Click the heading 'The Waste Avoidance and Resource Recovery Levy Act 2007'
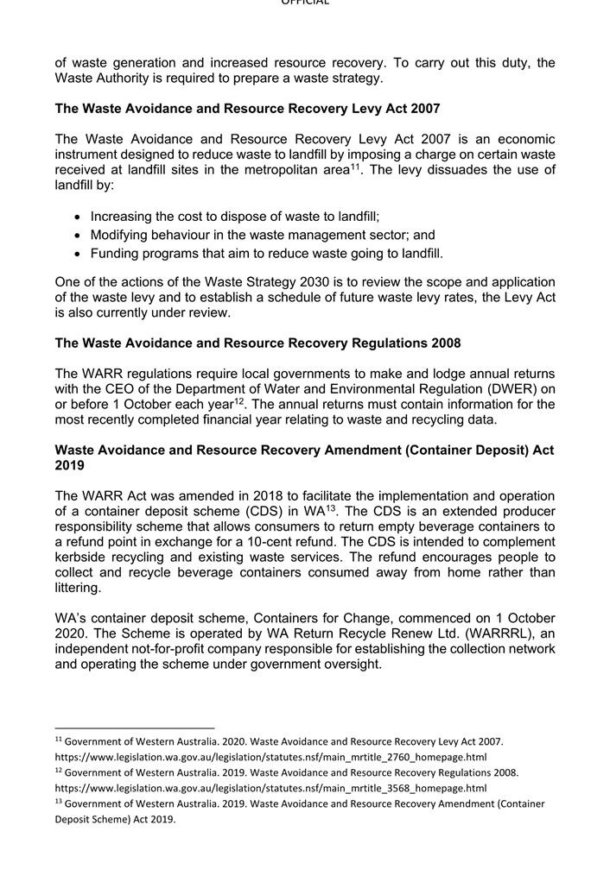click(x=247, y=109)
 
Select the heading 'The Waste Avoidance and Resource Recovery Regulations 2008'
click(x=257, y=343)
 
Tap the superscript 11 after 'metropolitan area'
click(x=354, y=165)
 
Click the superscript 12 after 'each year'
click(x=240, y=400)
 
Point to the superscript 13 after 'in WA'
click(x=331, y=507)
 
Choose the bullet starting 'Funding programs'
click(x=266, y=254)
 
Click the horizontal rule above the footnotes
click(x=134, y=728)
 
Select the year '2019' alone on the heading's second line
click(x=69, y=466)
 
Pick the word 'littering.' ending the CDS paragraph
click(x=78, y=588)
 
